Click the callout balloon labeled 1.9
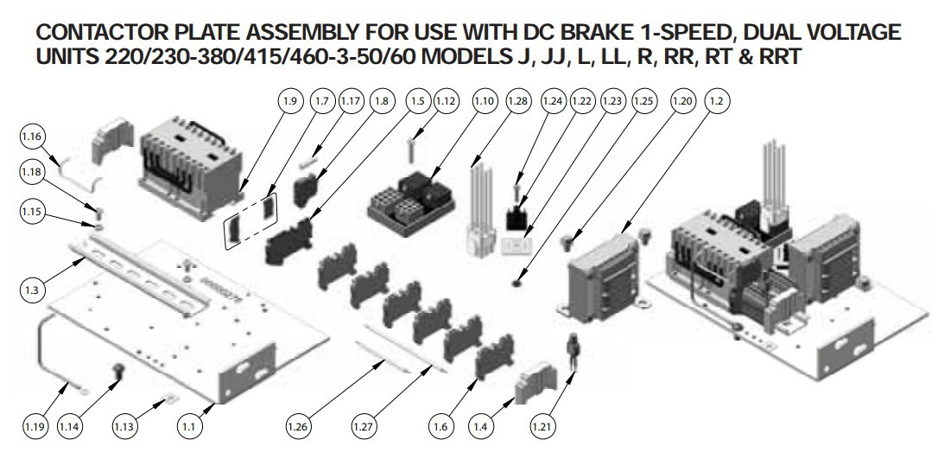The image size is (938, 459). (x=289, y=101)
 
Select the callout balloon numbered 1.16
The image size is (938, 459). (x=32, y=137)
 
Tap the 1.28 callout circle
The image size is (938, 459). (x=518, y=101)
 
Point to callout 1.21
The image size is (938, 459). (x=542, y=427)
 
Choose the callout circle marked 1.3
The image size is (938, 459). (x=32, y=290)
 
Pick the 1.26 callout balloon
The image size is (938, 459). (x=297, y=427)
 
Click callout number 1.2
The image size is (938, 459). (x=717, y=101)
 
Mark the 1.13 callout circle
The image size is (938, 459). (x=124, y=427)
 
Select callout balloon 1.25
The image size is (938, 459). (x=643, y=101)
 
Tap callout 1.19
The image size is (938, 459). (x=35, y=427)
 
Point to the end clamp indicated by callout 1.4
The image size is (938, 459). (x=536, y=380)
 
